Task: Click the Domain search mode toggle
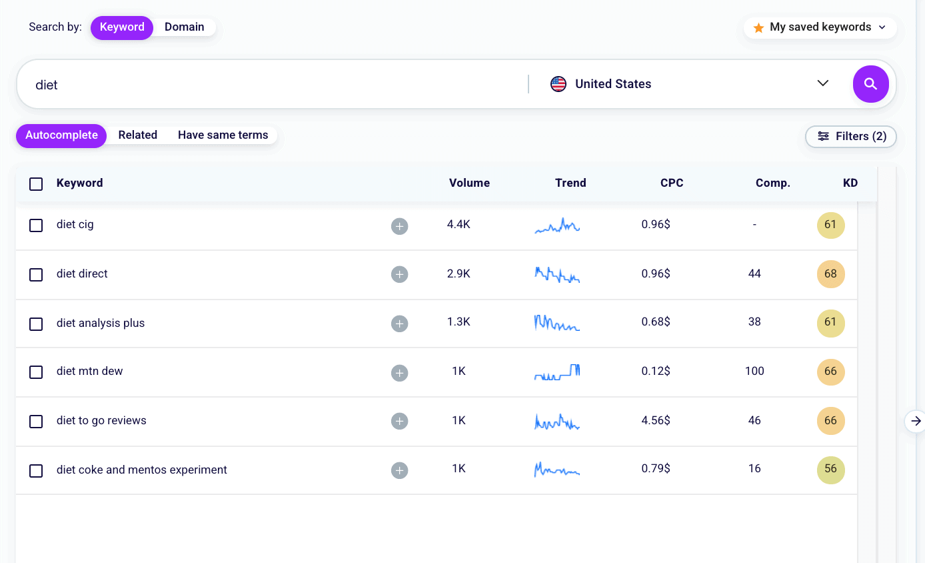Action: point(185,27)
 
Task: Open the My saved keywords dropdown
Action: point(820,27)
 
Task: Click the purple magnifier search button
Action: point(870,84)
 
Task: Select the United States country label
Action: point(612,84)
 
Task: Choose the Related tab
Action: point(137,135)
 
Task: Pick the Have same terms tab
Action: point(223,135)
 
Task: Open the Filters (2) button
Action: point(851,137)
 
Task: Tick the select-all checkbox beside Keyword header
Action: point(36,184)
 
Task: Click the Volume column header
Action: point(469,183)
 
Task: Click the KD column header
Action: point(850,183)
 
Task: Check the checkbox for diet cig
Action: point(36,225)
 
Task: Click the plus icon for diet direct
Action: point(399,275)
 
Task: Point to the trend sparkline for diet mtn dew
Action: point(557,372)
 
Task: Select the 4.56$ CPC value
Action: point(656,420)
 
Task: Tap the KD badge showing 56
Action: point(830,470)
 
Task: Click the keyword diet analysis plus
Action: point(101,323)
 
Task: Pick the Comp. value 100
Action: point(754,371)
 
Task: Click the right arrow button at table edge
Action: point(916,421)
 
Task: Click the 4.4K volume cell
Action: point(459,225)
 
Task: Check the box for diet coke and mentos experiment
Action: point(36,471)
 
